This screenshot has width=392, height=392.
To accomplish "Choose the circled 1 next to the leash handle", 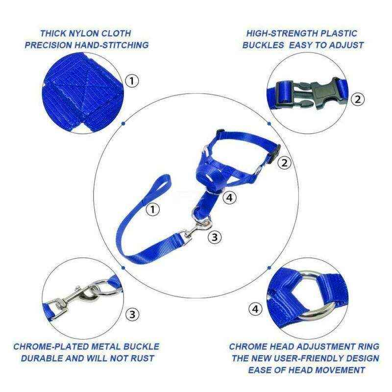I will click(x=154, y=210).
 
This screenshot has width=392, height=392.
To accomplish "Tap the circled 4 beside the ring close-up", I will click(x=255, y=309).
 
